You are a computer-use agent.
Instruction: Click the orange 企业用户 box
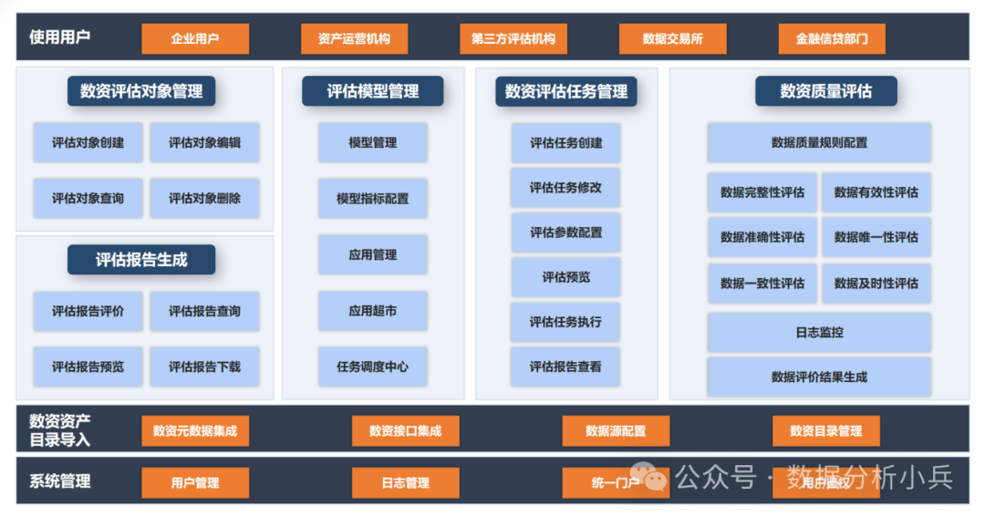click(195, 39)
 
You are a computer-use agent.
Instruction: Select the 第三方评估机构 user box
click(513, 39)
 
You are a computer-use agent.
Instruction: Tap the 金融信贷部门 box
click(832, 39)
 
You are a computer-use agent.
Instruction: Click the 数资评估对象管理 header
click(141, 91)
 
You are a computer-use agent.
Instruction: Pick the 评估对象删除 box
click(204, 198)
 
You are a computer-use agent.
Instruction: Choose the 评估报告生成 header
click(141, 260)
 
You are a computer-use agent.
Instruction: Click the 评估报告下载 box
click(204, 367)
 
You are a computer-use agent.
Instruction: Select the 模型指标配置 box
click(372, 198)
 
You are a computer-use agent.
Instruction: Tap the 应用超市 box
click(372, 311)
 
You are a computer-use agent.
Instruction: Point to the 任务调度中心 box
click(372, 367)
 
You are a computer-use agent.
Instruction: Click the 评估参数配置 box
click(565, 233)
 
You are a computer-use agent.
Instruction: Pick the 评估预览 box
click(565, 277)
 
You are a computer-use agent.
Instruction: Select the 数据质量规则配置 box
click(819, 143)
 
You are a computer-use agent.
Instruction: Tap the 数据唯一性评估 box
click(876, 237)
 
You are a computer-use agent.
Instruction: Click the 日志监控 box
click(819, 333)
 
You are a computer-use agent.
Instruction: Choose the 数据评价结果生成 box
click(819, 377)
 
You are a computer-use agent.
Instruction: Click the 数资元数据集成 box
click(195, 431)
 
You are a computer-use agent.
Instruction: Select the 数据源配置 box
click(616, 431)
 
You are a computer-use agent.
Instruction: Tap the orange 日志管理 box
click(405, 482)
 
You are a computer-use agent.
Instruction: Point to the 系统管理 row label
click(60, 481)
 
